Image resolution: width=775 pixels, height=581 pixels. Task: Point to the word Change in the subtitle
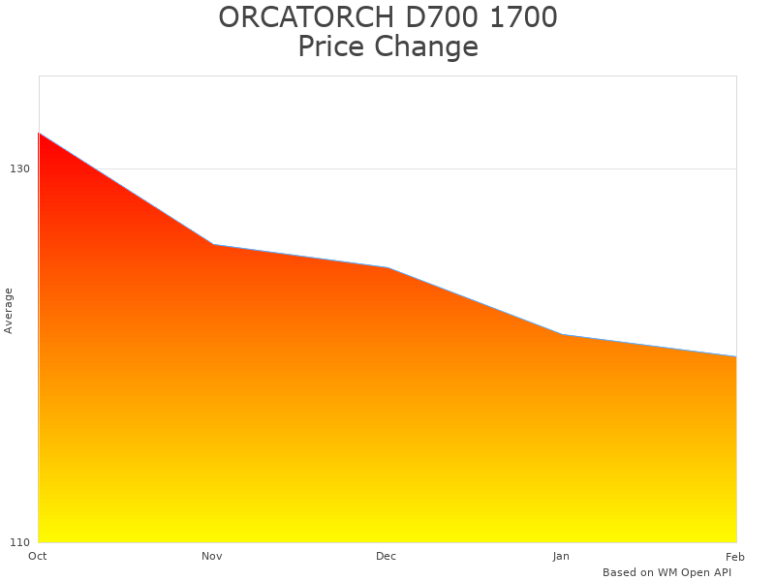click(x=426, y=46)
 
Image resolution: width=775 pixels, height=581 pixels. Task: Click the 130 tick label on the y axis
click(x=19, y=168)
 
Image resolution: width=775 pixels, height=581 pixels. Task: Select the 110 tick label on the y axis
click(x=19, y=541)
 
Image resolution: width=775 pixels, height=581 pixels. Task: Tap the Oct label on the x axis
click(x=38, y=556)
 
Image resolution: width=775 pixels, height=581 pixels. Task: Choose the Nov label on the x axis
click(x=212, y=556)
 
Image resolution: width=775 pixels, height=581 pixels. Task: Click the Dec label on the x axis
click(x=387, y=556)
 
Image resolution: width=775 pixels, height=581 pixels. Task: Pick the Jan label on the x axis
click(x=561, y=556)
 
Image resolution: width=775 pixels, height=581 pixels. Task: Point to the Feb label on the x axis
click(x=735, y=556)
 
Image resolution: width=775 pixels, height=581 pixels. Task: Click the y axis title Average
click(x=9, y=310)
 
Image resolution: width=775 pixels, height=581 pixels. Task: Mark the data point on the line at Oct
click(x=39, y=133)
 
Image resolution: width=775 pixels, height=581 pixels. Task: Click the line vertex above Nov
click(x=213, y=244)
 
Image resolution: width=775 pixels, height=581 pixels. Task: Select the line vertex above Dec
click(x=387, y=267)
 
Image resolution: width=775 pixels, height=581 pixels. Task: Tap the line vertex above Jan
click(x=562, y=334)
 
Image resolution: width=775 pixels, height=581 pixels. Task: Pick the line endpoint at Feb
click(x=736, y=356)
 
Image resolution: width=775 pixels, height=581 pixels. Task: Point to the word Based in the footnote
click(x=620, y=572)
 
